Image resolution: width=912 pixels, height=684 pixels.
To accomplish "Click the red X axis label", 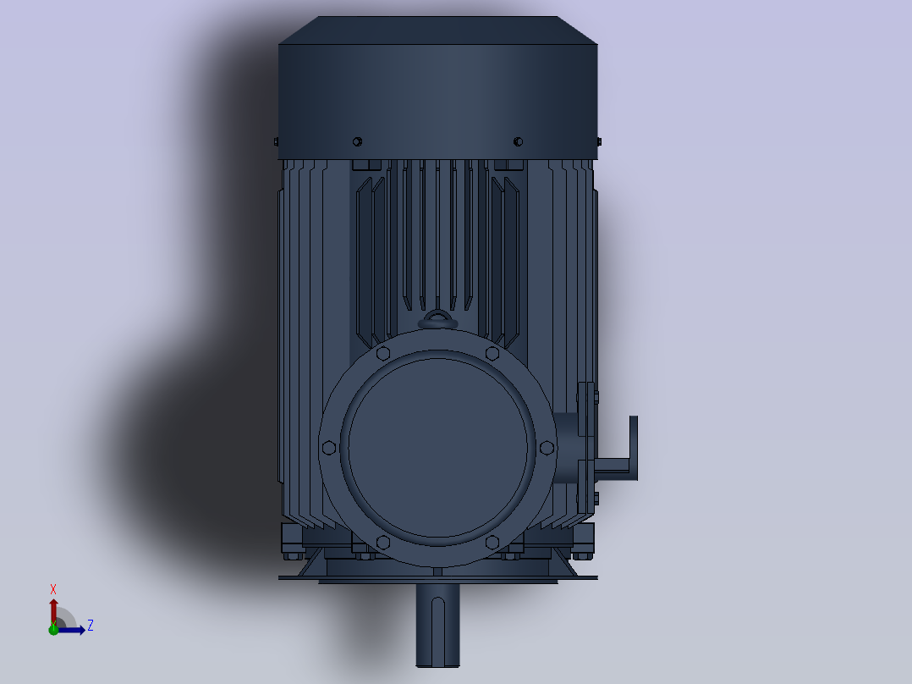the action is pyautogui.click(x=53, y=590).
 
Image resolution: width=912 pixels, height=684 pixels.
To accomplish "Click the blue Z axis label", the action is pyautogui.click(x=91, y=626).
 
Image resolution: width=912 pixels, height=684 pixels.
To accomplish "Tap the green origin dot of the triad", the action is pyautogui.click(x=53, y=629).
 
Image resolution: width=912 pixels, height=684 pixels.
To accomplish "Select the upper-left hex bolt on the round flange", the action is pyautogui.click(x=382, y=353).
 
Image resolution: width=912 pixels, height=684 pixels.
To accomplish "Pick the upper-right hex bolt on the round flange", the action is pyautogui.click(x=492, y=353).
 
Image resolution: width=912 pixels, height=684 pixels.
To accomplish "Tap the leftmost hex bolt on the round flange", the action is pyautogui.click(x=328, y=448).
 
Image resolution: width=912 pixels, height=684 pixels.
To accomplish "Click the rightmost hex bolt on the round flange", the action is pyautogui.click(x=547, y=448).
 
